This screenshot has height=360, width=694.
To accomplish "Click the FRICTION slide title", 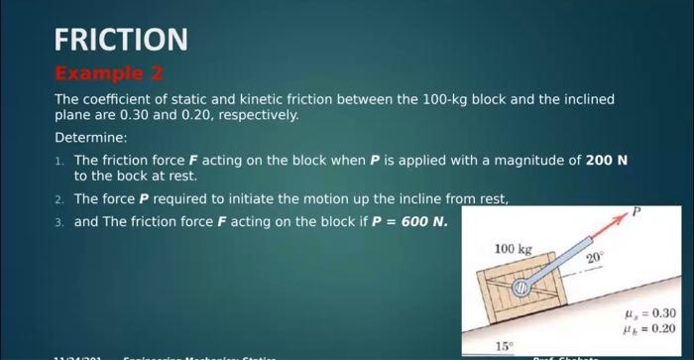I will pyautogui.click(x=120, y=40).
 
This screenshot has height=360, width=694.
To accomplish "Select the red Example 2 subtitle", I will pyautogui.click(x=109, y=74).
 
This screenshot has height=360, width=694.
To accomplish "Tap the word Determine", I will pyautogui.click(x=90, y=137).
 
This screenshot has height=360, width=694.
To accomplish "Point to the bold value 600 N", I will pyautogui.click(x=424, y=220).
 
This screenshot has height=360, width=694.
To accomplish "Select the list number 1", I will pyautogui.click(x=59, y=161).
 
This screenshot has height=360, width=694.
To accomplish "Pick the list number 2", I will pyautogui.click(x=59, y=199).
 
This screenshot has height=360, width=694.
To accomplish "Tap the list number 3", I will pyautogui.click(x=59, y=221).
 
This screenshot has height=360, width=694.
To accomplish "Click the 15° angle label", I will pyautogui.click(x=504, y=346).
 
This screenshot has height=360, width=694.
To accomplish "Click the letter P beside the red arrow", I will pyautogui.click(x=636, y=212).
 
